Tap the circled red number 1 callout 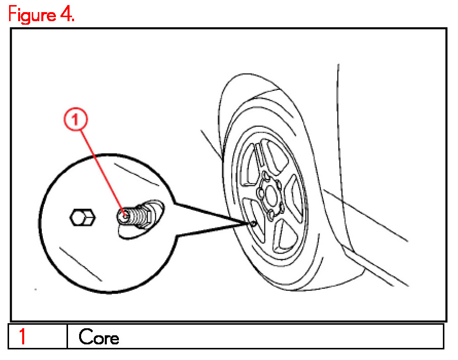pyautogui.click(x=76, y=120)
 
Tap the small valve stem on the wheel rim pyautogui.click(x=253, y=222)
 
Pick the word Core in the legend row pyautogui.click(x=99, y=337)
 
